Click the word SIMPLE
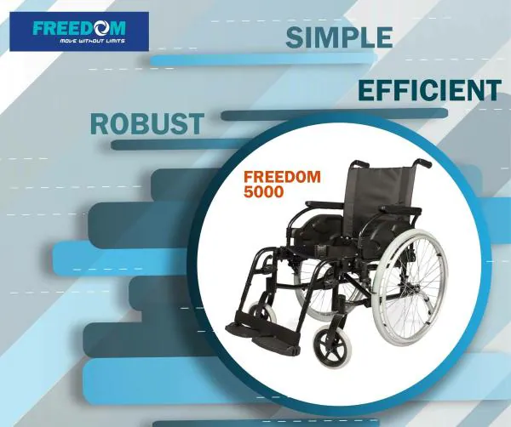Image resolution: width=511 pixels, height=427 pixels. (x=338, y=37)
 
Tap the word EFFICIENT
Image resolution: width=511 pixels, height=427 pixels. (x=428, y=90)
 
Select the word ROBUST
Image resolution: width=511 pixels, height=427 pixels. (x=146, y=124)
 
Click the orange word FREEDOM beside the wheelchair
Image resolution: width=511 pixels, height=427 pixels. (x=282, y=178)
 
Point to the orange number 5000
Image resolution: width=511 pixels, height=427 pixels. (x=263, y=193)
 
